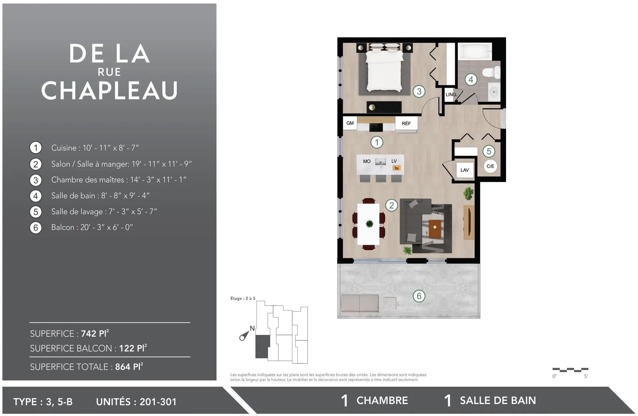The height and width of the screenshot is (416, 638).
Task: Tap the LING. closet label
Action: click(451, 95)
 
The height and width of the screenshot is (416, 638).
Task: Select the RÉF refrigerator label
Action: click(406, 123)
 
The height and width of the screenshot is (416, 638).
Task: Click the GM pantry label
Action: click(350, 123)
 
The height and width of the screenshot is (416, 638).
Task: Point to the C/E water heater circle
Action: click(490, 166)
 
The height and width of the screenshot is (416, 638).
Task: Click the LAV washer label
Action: click(465, 170)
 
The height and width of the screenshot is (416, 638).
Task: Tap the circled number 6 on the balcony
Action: click(419, 296)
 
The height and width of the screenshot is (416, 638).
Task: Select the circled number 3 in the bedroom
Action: click(419, 91)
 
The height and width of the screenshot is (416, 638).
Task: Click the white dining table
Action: click(369, 224)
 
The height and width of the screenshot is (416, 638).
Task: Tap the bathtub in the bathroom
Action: click(475, 52)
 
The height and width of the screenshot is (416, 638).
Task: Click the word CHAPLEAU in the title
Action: click(109, 91)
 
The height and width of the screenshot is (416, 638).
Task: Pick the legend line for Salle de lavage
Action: click(104, 212)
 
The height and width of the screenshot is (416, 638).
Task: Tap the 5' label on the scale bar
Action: click(586, 376)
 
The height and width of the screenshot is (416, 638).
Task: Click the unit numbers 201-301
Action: click(158, 402)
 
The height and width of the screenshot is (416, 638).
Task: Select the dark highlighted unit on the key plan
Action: click(262, 346)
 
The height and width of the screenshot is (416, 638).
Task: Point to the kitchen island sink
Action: click(380, 162)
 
